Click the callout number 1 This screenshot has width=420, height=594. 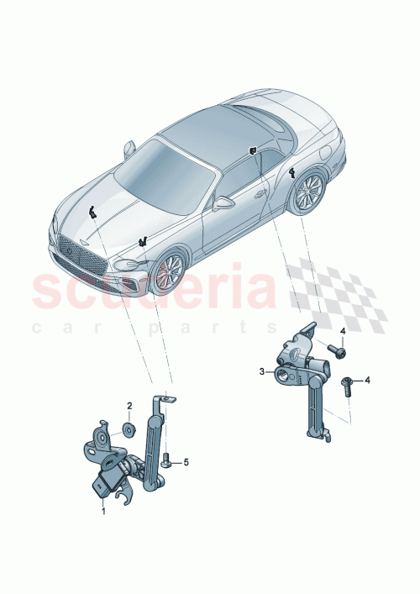point(103,510)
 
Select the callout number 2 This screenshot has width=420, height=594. point(129,406)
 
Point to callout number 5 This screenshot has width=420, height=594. point(186,462)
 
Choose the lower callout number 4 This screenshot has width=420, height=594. point(366,381)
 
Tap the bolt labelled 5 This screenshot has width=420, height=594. point(168,460)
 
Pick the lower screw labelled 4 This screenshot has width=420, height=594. point(346,384)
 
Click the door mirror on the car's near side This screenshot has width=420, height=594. point(223,202)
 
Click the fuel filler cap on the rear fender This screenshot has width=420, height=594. point(325,155)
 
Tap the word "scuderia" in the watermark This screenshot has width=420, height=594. point(151,286)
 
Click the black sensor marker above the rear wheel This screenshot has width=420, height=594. point(291,174)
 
